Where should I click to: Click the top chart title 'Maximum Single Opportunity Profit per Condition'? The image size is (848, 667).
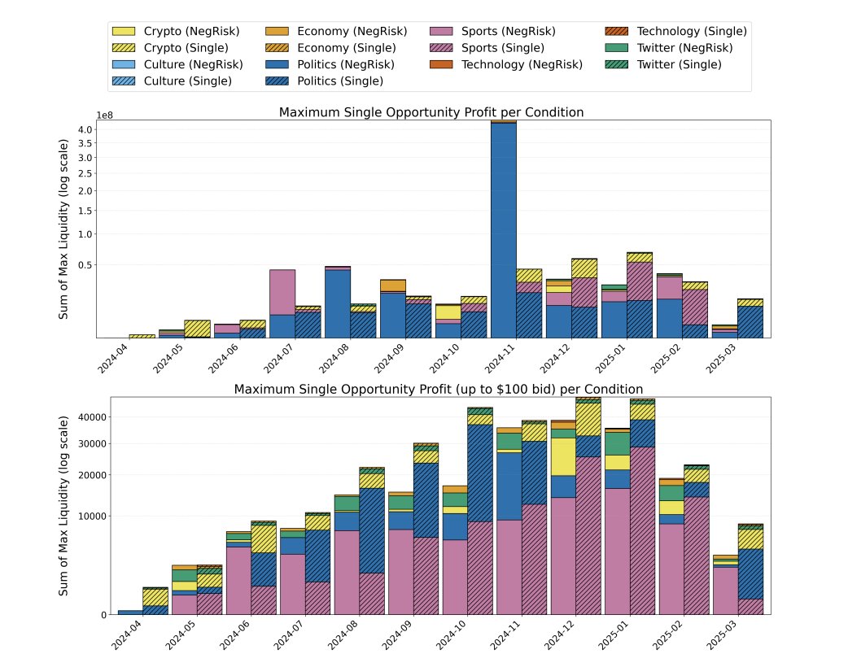point(431,112)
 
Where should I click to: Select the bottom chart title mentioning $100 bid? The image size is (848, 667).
point(439,390)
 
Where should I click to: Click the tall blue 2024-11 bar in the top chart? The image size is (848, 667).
point(504,228)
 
